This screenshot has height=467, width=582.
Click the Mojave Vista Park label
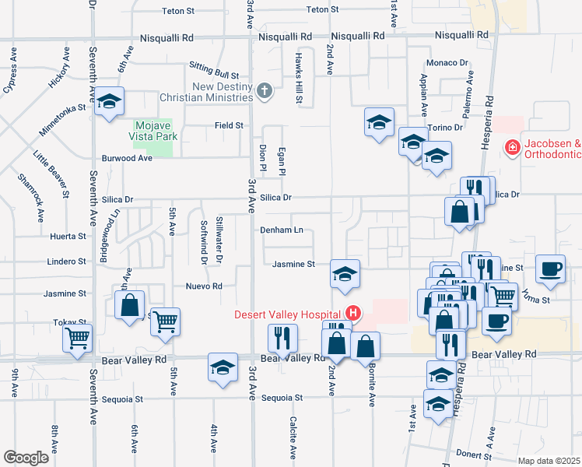pos(156,130)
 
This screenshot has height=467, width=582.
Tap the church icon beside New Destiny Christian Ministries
pos(265,92)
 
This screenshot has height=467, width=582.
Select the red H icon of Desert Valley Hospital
pos(353,314)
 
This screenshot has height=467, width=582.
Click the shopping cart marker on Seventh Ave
pos(78,339)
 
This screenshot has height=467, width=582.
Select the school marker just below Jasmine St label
pos(345,273)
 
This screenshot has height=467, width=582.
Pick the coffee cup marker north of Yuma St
pos(551,268)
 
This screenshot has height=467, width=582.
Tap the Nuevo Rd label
pos(205,286)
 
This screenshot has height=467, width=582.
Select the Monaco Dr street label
pos(447,63)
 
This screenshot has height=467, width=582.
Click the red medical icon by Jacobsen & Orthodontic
pos(512,146)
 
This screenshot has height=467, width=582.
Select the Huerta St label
pos(70,236)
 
